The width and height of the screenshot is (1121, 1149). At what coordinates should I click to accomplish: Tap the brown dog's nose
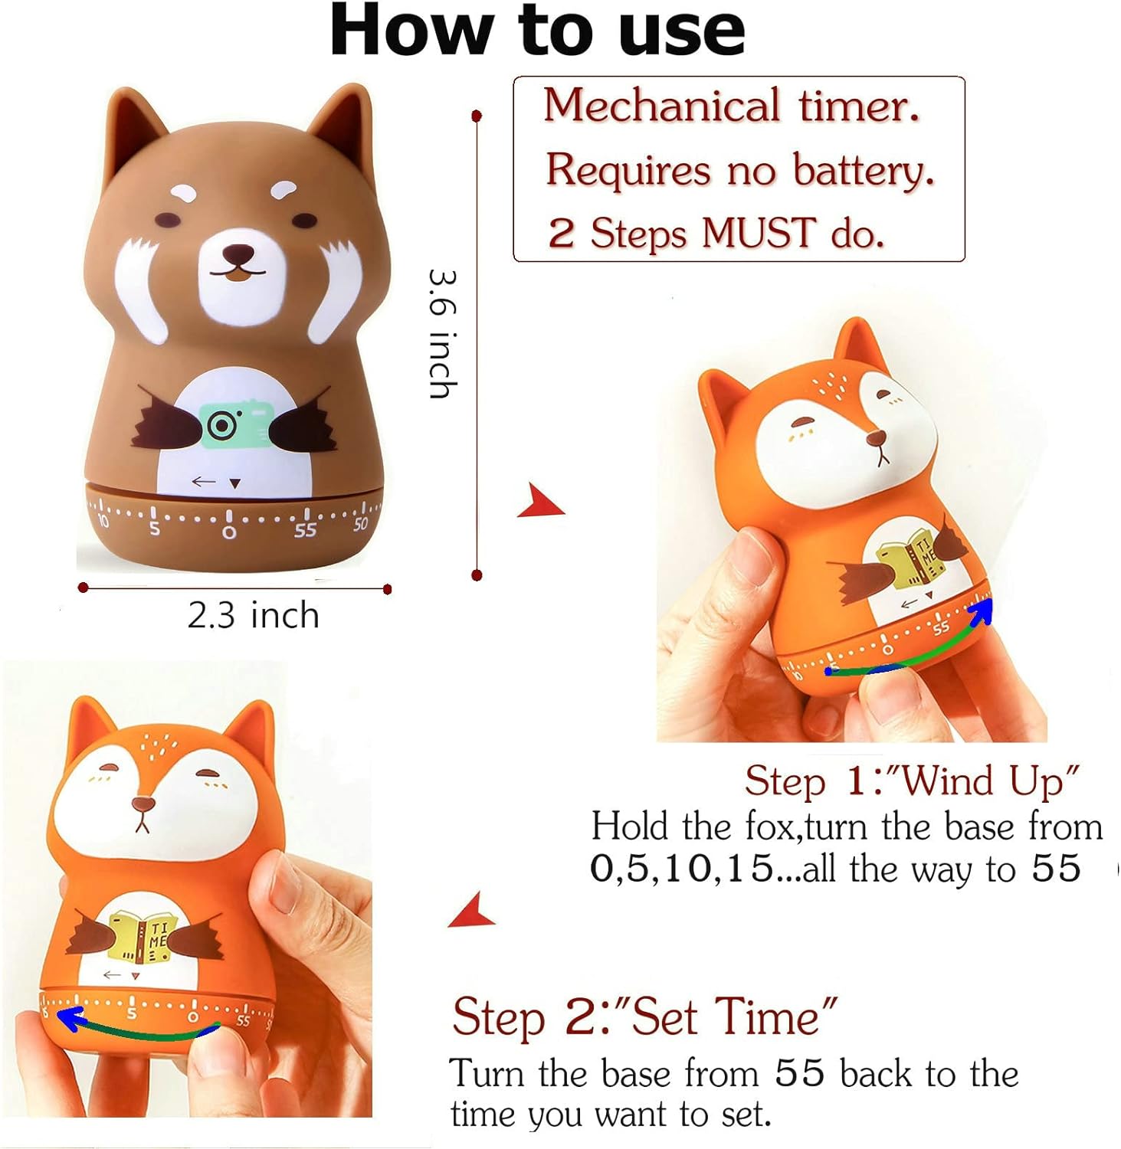pos(240,253)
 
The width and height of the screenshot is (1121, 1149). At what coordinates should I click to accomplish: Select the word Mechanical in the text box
pos(661,105)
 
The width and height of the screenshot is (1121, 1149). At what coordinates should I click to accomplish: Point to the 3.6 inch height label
pos(443,333)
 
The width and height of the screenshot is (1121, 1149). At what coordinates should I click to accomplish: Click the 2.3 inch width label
pos(254,615)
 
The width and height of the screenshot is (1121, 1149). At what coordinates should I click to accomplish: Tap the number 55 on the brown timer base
pos(305,530)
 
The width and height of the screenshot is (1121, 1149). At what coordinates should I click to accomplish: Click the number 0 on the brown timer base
pos(228,532)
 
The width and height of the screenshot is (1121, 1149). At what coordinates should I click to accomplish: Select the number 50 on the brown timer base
pos(361,525)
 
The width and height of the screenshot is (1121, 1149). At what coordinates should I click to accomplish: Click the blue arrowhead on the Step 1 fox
pos(982,611)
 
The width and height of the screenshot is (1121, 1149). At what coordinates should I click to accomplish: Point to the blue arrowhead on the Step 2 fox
pos(70,1020)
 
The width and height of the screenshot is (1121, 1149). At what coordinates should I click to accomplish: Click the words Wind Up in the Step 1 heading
pos(988,781)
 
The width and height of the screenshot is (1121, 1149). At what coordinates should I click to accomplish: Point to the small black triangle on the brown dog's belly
pos(235,483)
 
